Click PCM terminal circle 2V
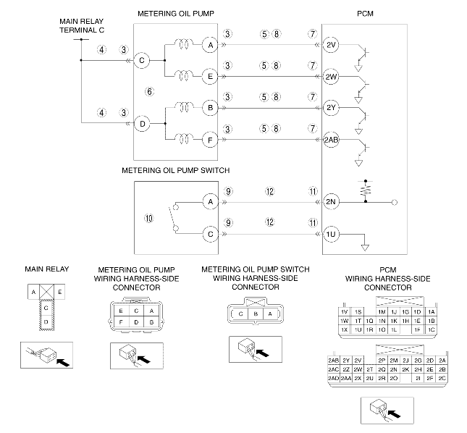[x=331, y=45]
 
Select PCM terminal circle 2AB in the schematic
[x=331, y=139]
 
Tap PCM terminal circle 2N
[x=331, y=202]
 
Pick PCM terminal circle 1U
[x=331, y=235]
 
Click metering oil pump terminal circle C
[x=141, y=60]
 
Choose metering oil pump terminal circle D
[x=142, y=124]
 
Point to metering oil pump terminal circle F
[x=210, y=140]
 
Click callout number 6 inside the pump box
[x=149, y=91]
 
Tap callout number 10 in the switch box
[x=149, y=218]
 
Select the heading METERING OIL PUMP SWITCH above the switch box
[x=176, y=170]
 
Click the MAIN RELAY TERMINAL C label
[x=82, y=25]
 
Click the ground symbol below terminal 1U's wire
[x=365, y=248]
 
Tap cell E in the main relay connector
[x=59, y=292]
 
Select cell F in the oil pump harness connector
[x=121, y=322]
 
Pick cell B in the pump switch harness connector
[x=256, y=314]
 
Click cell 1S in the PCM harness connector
[x=358, y=312]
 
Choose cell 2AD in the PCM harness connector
[x=333, y=378]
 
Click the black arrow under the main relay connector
[x=63, y=362]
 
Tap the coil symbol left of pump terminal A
[x=183, y=44]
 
